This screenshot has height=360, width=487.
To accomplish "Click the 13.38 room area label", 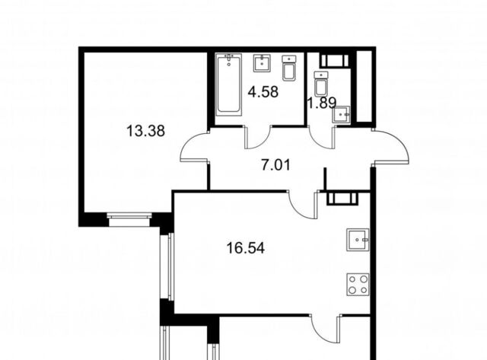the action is coord(145,131).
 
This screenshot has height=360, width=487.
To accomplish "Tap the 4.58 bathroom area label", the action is coord(263,92).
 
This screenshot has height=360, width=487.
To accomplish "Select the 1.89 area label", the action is coord(321,103).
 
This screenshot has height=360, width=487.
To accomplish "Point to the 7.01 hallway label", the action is coord(275,164).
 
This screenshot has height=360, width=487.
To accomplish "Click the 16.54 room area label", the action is coord(245,248).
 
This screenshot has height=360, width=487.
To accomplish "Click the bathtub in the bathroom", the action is coord(229,84).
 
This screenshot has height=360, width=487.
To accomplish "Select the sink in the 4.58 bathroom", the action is coord(262,63).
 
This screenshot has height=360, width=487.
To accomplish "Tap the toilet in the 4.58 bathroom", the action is coord(289,68).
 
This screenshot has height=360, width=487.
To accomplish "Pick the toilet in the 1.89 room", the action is coord(321,84).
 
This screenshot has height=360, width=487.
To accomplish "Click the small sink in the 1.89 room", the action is coord(342,114).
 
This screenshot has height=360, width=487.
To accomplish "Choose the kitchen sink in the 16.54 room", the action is coord(358,240).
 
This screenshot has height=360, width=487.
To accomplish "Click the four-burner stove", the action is coord(358,284).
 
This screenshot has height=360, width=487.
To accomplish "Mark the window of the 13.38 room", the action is coord(129,219).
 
